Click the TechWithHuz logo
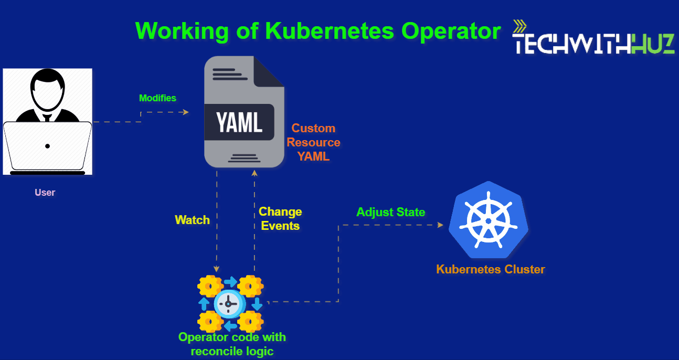pyautogui.click(x=593, y=44)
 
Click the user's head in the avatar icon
pyautogui.click(x=47, y=89)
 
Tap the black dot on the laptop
pyautogui.click(x=47, y=146)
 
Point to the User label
pyautogui.click(x=45, y=193)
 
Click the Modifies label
pyautogui.click(x=157, y=98)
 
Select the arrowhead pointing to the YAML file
pyautogui.click(x=185, y=112)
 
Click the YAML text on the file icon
pyautogui.click(x=239, y=123)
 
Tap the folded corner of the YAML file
pyautogui.click(x=269, y=71)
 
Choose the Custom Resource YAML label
pyautogui.click(x=313, y=142)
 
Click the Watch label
pyautogui.click(x=192, y=220)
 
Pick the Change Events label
pyautogui.click(x=280, y=219)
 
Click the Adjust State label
pyautogui.click(x=390, y=212)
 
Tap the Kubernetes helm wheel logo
pyautogui.click(x=488, y=220)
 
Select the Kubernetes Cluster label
pyautogui.click(x=490, y=270)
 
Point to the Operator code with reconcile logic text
pyautogui.click(x=232, y=344)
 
